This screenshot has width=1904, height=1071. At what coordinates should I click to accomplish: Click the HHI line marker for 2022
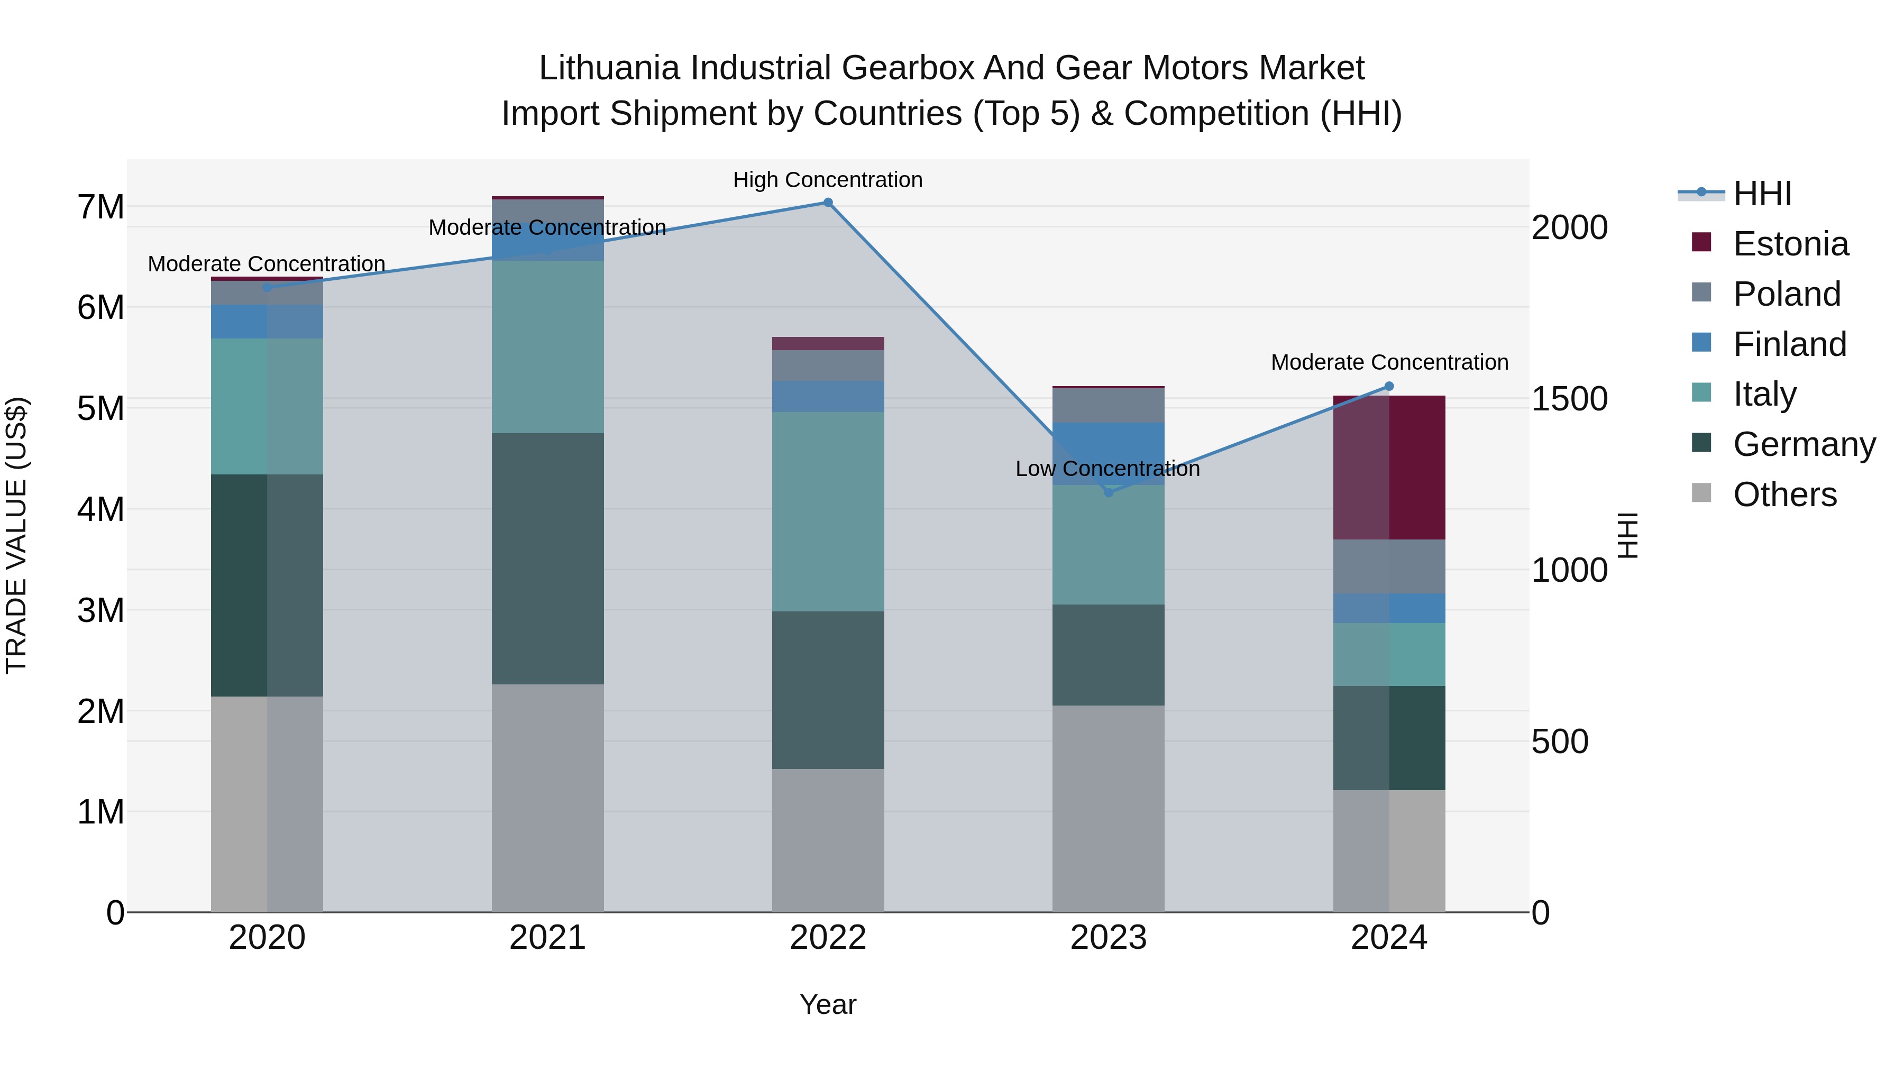828,203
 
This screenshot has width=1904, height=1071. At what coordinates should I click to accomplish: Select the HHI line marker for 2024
1389,387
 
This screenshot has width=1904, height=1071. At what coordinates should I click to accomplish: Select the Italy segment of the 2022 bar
828,511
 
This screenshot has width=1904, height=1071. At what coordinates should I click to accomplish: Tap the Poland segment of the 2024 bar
1389,566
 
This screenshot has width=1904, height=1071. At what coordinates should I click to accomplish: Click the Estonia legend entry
1790,244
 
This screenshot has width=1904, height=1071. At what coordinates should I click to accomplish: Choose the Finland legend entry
1789,344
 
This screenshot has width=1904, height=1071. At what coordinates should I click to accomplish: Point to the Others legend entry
1784,495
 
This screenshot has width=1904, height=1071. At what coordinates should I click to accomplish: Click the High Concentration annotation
828,180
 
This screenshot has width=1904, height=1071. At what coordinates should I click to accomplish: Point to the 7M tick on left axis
100,207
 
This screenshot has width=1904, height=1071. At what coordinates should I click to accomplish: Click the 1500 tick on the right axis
1569,399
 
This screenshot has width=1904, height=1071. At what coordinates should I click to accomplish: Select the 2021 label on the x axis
548,938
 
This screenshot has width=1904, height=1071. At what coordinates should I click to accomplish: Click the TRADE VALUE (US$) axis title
16,535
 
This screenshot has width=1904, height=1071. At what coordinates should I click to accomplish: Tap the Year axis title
828,1004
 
